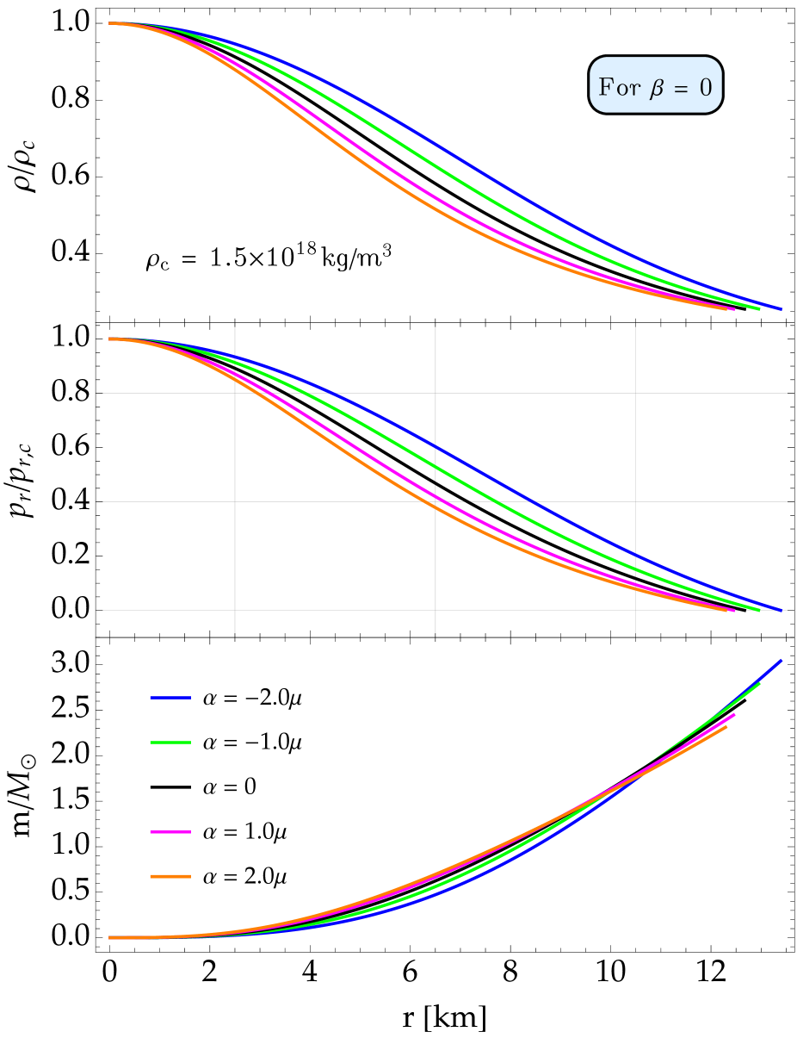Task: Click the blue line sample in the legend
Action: [x=170, y=697]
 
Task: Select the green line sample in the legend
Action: [x=170, y=742]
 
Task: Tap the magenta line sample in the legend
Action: [x=170, y=831]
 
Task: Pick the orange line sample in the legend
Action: [x=170, y=876]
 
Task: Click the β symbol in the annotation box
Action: [x=657, y=88]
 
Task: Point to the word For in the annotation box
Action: [x=620, y=87]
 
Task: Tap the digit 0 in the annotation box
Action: [x=706, y=87]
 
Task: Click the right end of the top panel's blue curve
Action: [x=781, y=308]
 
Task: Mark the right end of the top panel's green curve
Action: [x=759, y=308]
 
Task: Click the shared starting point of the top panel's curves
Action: [x=110, y=23]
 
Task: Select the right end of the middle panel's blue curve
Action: [x=782, y=610]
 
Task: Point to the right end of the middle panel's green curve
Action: [x=759, y=610]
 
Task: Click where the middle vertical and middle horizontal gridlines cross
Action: [x=436, y=501]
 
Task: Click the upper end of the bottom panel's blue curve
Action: [x=781, y=661]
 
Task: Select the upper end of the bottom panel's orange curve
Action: [x=727, y=726]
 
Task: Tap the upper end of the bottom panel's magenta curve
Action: [x=734, y=714]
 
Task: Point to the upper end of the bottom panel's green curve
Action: [x=759, y=684]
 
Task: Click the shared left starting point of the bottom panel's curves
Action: [x=110, y=937]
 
